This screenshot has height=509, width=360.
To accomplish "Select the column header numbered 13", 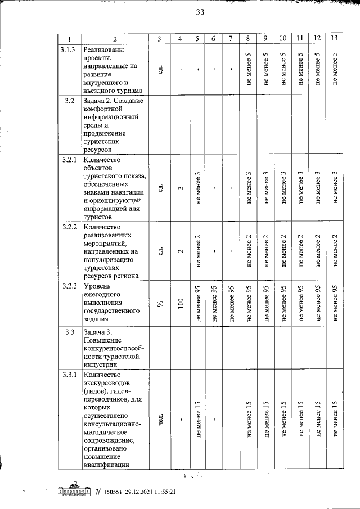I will (335, 39).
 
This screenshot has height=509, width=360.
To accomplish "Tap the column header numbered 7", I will (231, 39).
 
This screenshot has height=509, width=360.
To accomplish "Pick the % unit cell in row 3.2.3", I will (160, 304).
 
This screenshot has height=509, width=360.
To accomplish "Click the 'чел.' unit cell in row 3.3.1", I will (160, 419).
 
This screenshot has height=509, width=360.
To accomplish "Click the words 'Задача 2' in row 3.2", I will (102, 101).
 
